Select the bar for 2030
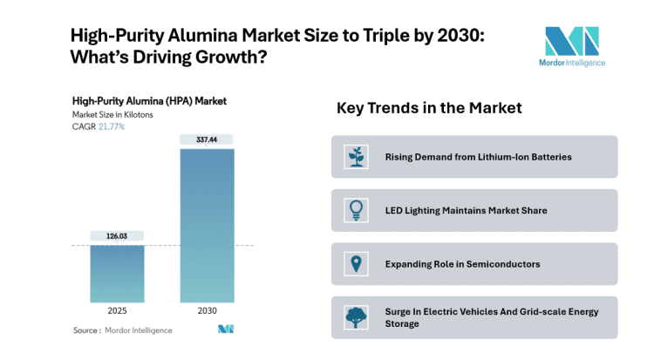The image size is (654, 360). pos(207,227)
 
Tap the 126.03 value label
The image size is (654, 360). pos(116,235)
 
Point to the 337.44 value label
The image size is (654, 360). pos(207,139)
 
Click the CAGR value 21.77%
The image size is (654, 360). pos(111,126)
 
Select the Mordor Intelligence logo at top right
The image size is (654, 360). pos(572,46)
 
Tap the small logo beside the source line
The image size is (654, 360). pos(226,329)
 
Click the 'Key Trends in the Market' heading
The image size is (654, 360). pos(429,108)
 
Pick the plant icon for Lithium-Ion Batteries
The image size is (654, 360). pos(355,157)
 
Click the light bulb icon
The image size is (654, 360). pos(355,210)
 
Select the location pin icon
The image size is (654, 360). pos(355,263)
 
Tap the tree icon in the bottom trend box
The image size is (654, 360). pos(355,317)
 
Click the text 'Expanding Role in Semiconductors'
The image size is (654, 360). pos(462,263)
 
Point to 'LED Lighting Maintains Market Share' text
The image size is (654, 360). pos(466,210)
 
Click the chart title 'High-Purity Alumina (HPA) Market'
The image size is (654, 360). pos(149,101)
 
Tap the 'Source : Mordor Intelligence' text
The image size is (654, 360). pos(122,330)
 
